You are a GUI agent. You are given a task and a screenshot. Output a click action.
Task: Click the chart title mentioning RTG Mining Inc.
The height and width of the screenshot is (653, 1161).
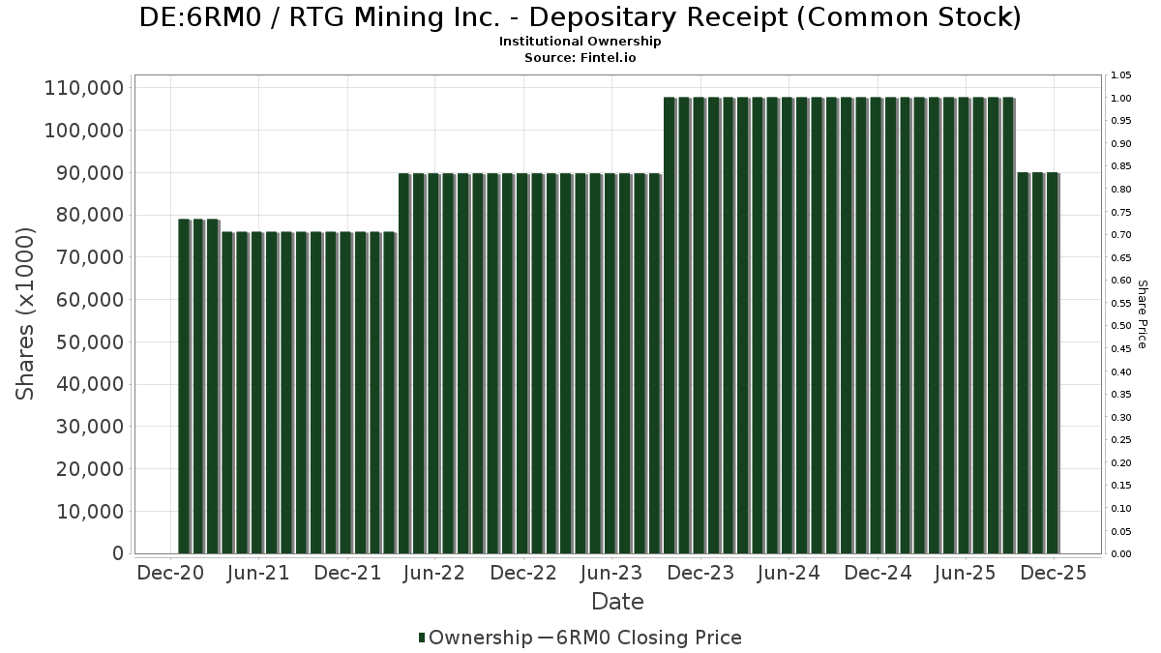(x=580, y=17)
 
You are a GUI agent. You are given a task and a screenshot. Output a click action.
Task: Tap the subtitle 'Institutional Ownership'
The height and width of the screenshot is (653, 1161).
(x=580, y=42)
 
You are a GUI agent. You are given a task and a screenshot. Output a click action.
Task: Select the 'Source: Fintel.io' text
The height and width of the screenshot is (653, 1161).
(x=580, y=58)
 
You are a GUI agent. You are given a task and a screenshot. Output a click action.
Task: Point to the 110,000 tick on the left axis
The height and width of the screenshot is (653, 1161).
(x=84, y=88)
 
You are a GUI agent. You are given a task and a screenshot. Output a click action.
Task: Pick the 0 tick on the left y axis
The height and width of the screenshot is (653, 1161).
(x=117, y=554)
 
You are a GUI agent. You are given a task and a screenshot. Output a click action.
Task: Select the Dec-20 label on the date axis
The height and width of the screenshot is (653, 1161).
(x=169, y=573)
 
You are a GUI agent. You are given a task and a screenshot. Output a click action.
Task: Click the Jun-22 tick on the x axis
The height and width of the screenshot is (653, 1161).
(x=434, y=573)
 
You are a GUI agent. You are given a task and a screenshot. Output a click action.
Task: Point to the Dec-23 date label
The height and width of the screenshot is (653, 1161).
(x=700, y=573)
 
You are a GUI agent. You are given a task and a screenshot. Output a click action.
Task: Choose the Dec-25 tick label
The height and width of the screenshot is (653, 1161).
(x=1054, y=573)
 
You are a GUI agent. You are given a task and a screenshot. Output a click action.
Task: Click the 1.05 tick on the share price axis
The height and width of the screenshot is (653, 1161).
(x=1120, y=75)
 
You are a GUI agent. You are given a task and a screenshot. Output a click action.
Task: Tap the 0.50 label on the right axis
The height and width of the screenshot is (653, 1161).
(x=1120, y=326)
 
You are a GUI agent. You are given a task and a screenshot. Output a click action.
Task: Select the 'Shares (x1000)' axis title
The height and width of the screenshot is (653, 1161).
(x=26, y=313)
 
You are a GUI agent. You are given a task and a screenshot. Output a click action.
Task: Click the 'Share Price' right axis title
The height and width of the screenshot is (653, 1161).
(x=1143, y=314)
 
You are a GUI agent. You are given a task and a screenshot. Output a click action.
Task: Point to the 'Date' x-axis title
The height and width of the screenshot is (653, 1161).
(x=617, y=602)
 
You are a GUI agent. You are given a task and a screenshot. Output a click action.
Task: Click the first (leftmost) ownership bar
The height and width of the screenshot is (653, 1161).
(x=183, y=386)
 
